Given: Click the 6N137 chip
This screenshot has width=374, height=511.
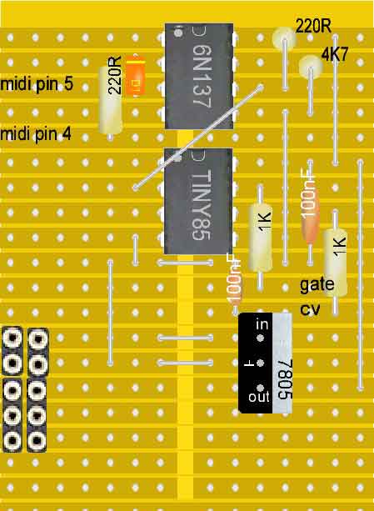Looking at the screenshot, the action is [199, 76].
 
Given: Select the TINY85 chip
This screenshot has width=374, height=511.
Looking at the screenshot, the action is [198, 201].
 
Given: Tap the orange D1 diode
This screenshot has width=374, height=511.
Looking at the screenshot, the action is [135, 76].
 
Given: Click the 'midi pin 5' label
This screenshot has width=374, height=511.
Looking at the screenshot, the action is [37, 84].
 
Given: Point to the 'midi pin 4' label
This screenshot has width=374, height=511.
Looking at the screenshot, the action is [36, 134].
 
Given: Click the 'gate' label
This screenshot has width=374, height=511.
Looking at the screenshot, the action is [317, 284].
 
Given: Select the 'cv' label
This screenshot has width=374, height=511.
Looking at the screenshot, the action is [310, 308].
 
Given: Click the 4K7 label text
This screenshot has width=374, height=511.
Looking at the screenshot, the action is [335, 54].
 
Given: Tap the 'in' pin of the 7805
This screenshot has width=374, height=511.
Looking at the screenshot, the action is [260, 338].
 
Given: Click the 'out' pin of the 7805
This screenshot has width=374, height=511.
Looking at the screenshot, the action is [260, 388].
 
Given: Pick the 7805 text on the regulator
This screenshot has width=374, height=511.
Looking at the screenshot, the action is [285, 379].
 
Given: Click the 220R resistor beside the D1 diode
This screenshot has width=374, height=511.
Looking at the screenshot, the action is [111, 100].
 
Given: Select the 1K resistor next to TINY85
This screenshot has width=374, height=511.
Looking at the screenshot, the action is [261, 238].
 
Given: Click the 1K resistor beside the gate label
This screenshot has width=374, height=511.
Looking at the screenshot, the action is [335, 263].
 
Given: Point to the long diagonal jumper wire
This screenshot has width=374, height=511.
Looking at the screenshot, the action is [197, 138].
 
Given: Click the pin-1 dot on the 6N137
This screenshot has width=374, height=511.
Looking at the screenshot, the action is [177, 33].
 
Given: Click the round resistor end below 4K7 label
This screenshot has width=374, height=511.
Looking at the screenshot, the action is [311, 66].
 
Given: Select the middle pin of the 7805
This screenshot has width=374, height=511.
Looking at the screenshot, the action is [260, 363].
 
